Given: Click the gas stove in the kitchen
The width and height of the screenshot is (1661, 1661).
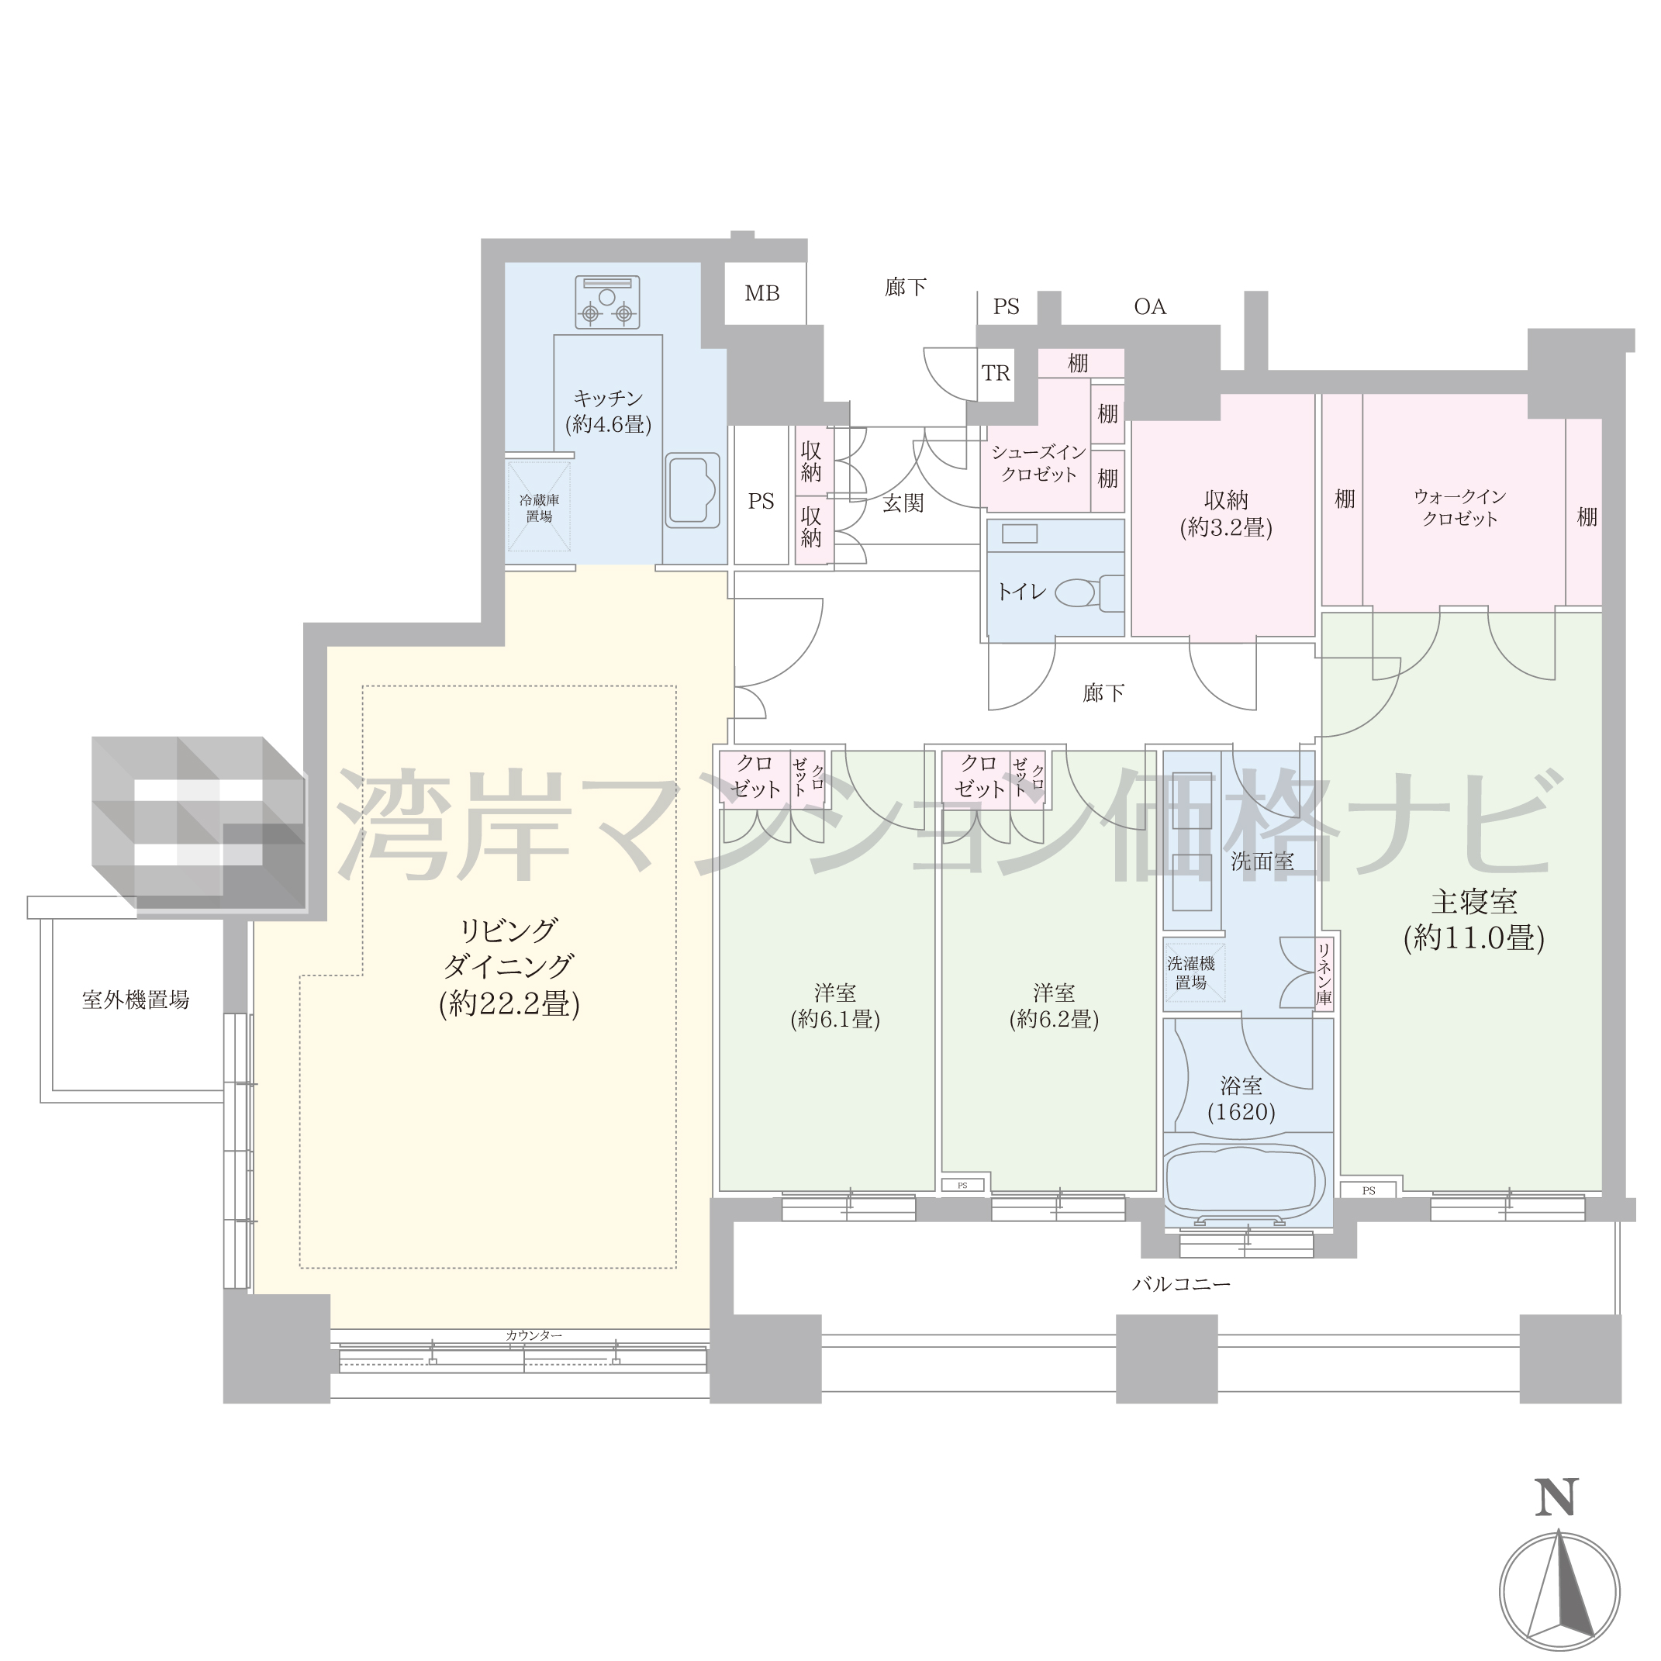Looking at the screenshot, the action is click(x=607, y=302).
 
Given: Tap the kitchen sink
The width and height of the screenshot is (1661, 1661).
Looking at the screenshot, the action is click(x=692, y=491).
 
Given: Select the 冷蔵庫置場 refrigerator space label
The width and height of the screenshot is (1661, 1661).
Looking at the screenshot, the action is click(x=539, y=508).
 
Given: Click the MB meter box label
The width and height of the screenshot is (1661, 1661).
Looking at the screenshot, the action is click(x=761, y=294).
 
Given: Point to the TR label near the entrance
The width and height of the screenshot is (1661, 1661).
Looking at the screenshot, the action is click(x=996, y=373).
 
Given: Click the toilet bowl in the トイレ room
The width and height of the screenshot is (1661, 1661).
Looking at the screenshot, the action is click(x=1087, y=592).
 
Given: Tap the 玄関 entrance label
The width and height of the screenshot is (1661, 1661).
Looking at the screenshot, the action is click(x=903, y=504).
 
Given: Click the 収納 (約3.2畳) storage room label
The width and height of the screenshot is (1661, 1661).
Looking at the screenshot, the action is click(x=1226, y=513).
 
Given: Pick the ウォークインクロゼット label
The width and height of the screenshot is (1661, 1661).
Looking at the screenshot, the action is click(x=1460, y=507).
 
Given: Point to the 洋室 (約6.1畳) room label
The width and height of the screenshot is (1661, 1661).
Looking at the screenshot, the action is click(x=835, y=1006).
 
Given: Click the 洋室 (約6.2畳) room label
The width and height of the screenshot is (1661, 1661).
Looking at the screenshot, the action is click(x=1054, y=1006).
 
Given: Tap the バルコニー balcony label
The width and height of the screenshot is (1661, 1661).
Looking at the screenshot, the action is click(x=1181, y=1284).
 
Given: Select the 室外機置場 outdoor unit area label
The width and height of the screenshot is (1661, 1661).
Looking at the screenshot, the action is click(x=135, y=1000).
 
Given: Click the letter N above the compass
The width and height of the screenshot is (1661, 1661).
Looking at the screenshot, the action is click(x=1557, y=1521).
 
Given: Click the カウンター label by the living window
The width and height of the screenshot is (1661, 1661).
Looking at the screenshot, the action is click(x=534, y=1335).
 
